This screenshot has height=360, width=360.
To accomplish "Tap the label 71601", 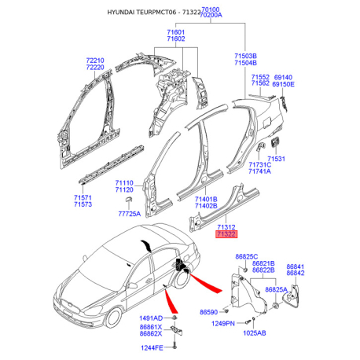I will tap(176, 32).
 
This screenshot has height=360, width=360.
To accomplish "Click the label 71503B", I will tap(246, 57).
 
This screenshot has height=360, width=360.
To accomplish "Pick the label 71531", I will tap(277, 159).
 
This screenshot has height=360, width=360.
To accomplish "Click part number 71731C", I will tap(259, 163).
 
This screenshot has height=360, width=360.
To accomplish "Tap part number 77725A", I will tap(129, 214).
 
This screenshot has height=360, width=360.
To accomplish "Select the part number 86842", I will tap(296, 274).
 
